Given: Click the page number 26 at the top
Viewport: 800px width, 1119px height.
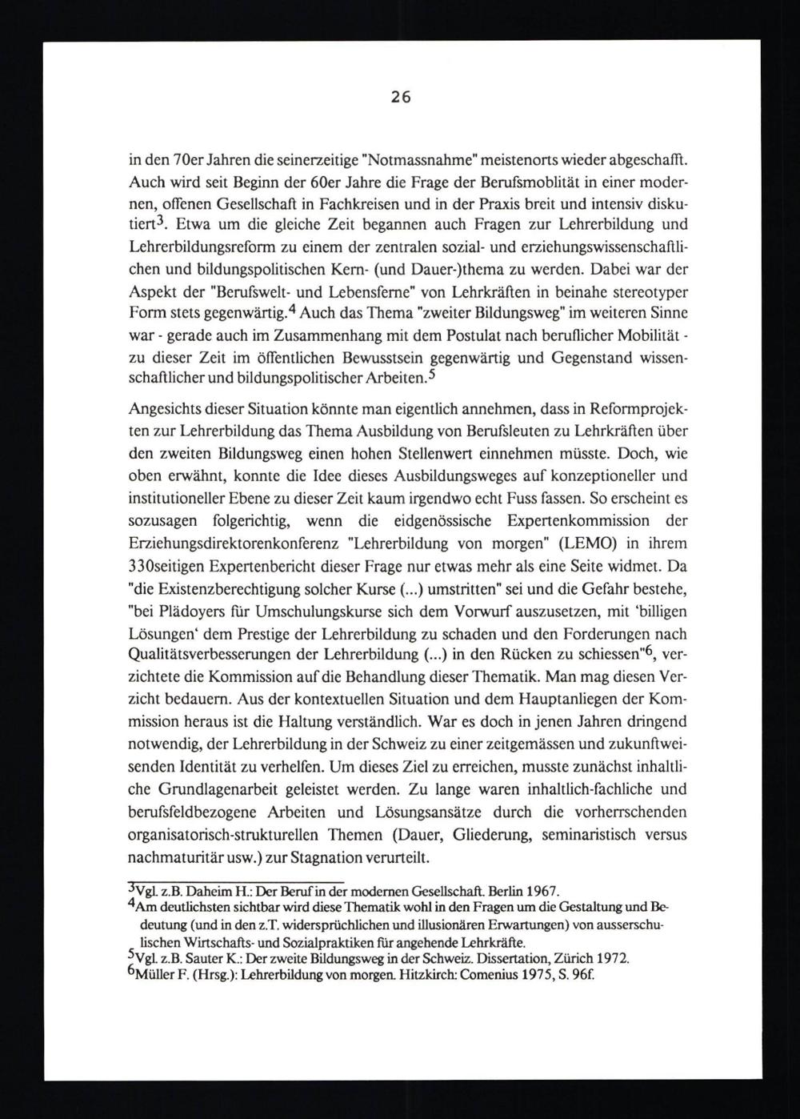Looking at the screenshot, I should click(401, 98).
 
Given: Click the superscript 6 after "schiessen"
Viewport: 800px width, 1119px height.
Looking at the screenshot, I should click(639, 651).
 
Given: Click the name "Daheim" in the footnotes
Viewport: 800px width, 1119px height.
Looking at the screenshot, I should click(186, 892).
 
